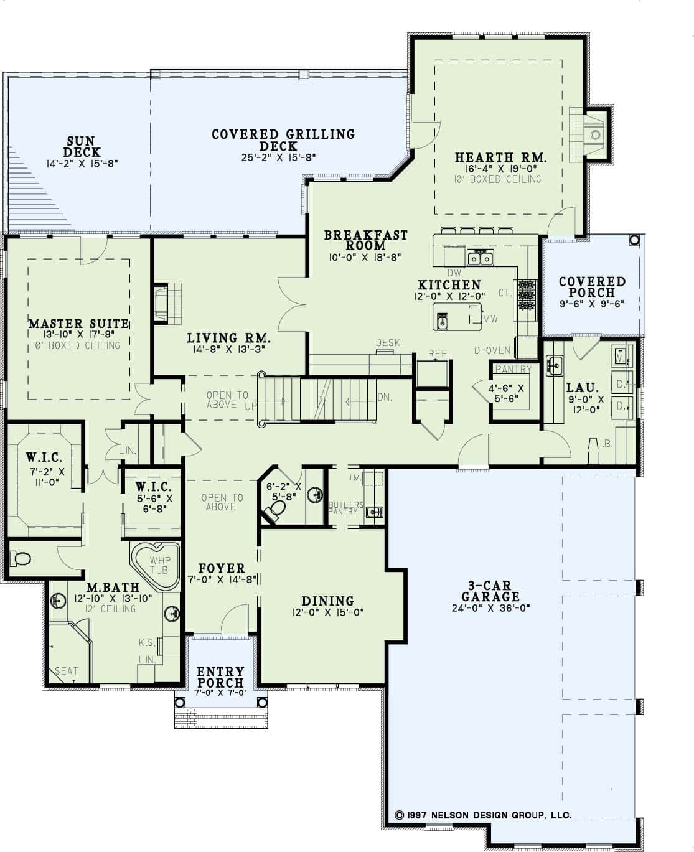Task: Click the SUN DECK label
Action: click(x=82, y=147)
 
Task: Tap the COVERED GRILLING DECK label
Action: click(x=283, y=140)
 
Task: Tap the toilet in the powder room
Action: click(x=274, y=510)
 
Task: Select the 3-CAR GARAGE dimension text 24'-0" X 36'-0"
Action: click(x=490, y=609)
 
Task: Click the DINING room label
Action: click(x=327, y=601)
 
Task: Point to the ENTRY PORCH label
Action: click(x=220, y=677)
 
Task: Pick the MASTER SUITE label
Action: click(x=78, y=324)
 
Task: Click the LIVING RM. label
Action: click(x=228, y=339)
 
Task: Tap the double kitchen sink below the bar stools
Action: click(x=481, y=257)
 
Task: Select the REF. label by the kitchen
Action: click(x=438, y=354)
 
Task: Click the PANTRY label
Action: click(x=513, y=369)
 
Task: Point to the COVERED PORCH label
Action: click(x=592, y=287)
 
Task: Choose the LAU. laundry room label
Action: click(x=582, y=387)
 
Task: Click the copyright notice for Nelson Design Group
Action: click(x=482, y=815)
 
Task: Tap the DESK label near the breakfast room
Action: click(x=388, y=343)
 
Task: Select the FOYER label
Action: click(x=221, y=568)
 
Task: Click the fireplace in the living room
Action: click(x=162, y=303)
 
